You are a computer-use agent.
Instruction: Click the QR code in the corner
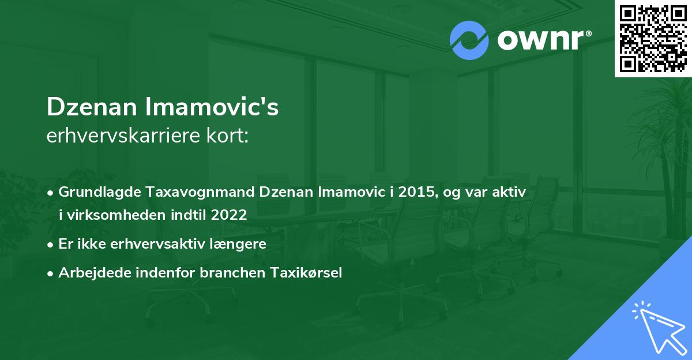click(x=653, y=37)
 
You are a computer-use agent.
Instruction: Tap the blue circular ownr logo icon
click(x=469, y=40)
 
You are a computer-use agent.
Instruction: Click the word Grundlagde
click(x=97, y=192)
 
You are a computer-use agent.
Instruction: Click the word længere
click(x=241, y=243)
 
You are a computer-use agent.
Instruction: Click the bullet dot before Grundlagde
click(x=51, y=193)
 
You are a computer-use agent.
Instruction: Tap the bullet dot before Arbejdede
click(x=51, y=273)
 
